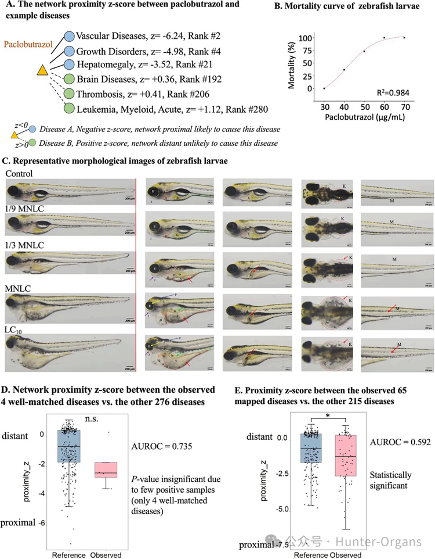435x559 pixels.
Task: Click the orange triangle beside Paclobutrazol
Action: tap(42, 70)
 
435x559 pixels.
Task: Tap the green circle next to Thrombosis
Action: tap(69, 93)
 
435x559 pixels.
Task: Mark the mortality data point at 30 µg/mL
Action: tap(324, 88)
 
